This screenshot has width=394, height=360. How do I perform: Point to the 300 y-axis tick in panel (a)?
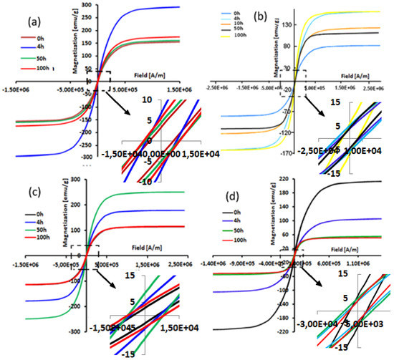[x=85, y=6]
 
